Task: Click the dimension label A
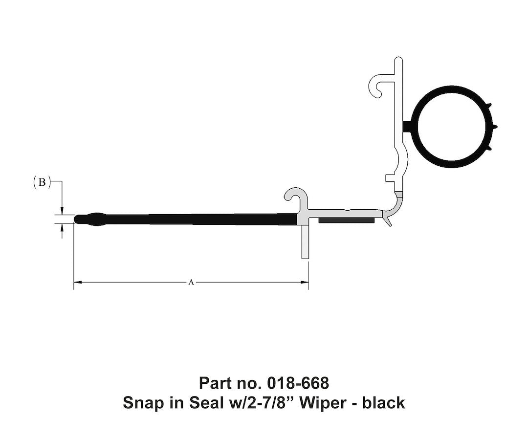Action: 191,282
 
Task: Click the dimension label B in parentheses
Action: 42,182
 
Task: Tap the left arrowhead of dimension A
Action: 77,282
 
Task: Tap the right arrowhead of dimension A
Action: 305,282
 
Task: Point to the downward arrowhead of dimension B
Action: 62,210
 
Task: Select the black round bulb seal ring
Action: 452,127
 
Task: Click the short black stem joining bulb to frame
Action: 407,127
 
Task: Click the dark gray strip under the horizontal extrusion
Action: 346,220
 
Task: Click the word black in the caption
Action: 383,403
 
